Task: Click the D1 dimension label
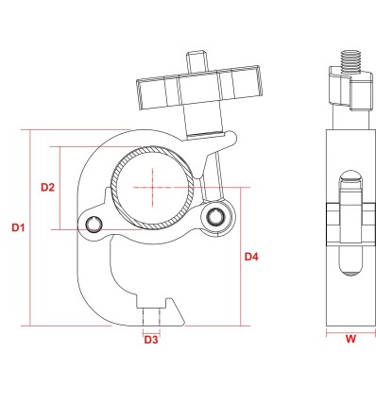[18, 227]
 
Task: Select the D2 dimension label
[47, 187]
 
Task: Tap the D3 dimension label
[151, 340]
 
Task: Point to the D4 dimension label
[251, 257]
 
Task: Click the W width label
[350, 339]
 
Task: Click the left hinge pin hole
[94, 225]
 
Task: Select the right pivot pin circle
[215, 216]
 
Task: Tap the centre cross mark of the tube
[153, 188]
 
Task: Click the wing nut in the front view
[199, 87]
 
